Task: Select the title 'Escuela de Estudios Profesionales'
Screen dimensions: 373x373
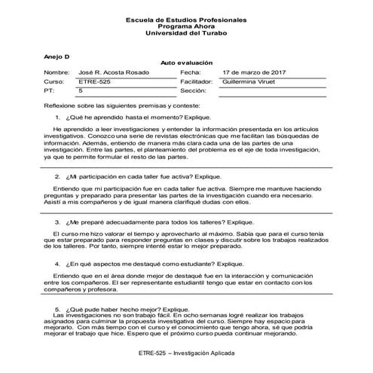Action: click(187, 16)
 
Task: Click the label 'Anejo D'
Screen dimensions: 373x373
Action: click(55, 56)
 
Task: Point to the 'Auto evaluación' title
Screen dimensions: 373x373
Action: click(187, 63)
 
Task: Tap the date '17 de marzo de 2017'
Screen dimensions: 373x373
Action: click(252, 72)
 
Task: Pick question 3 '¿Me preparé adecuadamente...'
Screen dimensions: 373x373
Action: click(151, 223)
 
